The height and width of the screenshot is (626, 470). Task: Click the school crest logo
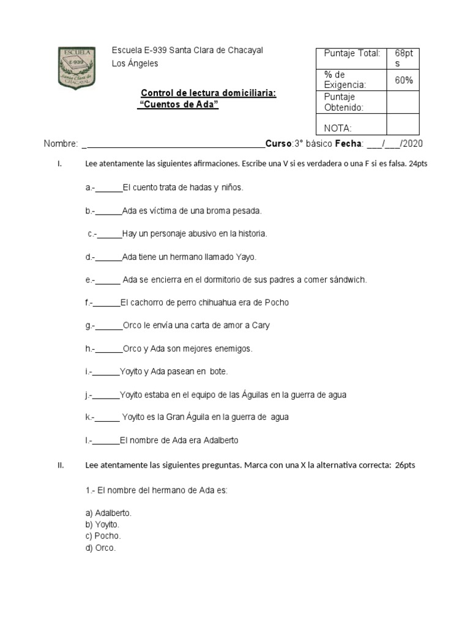click(x=75, y=67)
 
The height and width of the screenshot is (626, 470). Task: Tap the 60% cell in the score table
click(x=403, y=80)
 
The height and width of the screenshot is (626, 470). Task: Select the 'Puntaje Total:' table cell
click(x=352, y=53)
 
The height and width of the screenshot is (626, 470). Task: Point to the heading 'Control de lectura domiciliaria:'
click(x=209, y=93)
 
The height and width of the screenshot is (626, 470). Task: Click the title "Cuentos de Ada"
click(x=178, y=105)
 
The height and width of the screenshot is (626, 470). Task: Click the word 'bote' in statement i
click(x=218, y=371)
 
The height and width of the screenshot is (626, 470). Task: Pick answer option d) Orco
click(x=101, y=548)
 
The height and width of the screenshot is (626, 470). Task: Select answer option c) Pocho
click(x=103, y=536)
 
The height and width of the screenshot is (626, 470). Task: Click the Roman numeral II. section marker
click(x=61, y=465)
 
